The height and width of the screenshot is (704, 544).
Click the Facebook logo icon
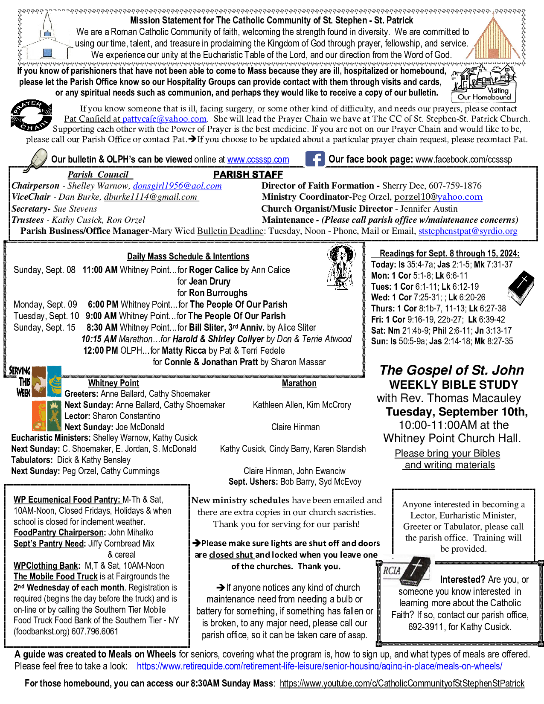tap(315, 159)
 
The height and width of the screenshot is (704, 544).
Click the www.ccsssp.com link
tap(258, 160)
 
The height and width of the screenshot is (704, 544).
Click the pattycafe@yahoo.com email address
tap(164, 119)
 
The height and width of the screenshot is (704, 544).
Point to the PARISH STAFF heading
tap(248, 175)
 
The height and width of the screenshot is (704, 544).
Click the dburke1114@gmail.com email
tap(151, 197)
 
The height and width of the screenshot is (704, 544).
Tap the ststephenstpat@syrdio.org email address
tap(468, 231)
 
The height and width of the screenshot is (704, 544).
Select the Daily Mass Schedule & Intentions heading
tap(188, 256)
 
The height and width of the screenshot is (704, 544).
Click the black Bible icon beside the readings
tap(521, 289)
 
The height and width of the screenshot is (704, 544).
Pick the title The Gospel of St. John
tap(451, 370)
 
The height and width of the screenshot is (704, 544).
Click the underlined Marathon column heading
tap(299, 383)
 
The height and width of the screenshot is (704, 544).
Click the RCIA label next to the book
tap(392, 570)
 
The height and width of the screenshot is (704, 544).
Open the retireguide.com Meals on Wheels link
tap(319, 666)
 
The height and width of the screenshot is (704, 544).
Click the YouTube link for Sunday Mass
tap(402, 683)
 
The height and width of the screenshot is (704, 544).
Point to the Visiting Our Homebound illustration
tap(484, 84)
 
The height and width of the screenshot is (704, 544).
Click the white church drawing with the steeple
tap(47, 38)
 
